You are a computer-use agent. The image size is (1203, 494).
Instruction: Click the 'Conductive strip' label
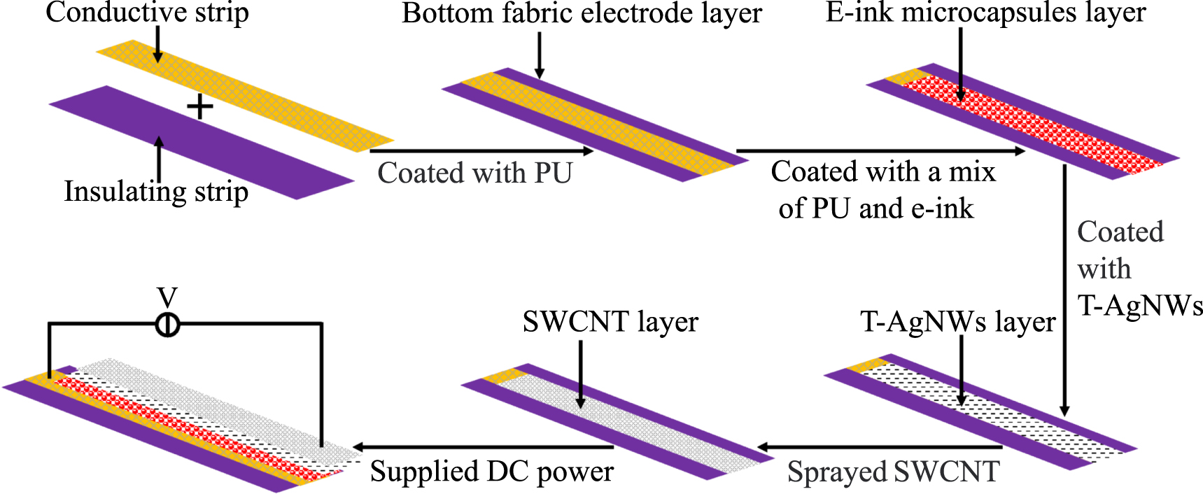click(x=147, y=13)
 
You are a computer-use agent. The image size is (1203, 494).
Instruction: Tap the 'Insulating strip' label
click(x=156, y=192)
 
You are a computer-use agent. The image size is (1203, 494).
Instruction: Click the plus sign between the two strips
click(x=200, y=107)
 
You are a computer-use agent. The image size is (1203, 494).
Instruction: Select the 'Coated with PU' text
click(x=475, y=173)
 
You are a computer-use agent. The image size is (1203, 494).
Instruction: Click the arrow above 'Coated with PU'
click(x=481, y=150)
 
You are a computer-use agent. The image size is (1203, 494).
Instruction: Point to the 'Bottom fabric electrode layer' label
click(x=582, y=13)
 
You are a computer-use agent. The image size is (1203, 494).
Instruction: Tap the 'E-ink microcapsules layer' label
click(x=985, y=13)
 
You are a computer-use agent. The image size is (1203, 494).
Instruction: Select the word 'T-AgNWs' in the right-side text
click(x=1139, y=306)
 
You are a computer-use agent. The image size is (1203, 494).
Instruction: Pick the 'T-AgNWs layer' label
click(x=957, y=322)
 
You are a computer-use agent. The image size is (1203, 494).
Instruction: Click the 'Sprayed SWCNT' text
click(x=893, y=472)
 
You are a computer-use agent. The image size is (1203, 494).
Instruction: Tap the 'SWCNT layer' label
click(x=610, y=322)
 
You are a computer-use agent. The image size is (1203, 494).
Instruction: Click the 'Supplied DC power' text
click(x=491, y=472)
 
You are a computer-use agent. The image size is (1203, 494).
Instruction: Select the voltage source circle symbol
click(x=167, y=325)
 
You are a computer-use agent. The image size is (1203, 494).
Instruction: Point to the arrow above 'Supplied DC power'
click(x=483, y=447)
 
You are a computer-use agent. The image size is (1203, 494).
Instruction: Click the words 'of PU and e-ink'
click(x=875, y=209)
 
